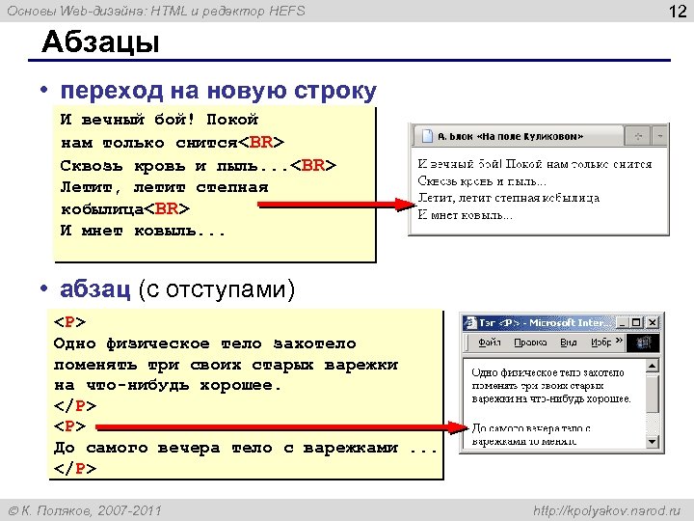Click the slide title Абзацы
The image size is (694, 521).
click(x=99, y=43)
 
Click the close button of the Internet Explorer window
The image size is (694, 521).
click(x=652, y=323)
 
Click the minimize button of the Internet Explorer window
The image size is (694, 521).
click(x=620, y=323)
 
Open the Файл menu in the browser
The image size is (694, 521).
click(x=489, y=343)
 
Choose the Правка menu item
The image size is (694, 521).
click(x=530, y=343)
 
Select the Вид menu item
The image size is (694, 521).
click(x=570, y=343)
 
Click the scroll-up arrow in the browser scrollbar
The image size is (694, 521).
click(x=652, y=367)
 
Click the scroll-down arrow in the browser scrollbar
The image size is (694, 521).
click(x=652, y=441)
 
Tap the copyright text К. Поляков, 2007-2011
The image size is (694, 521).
click(x=92, y=508)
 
